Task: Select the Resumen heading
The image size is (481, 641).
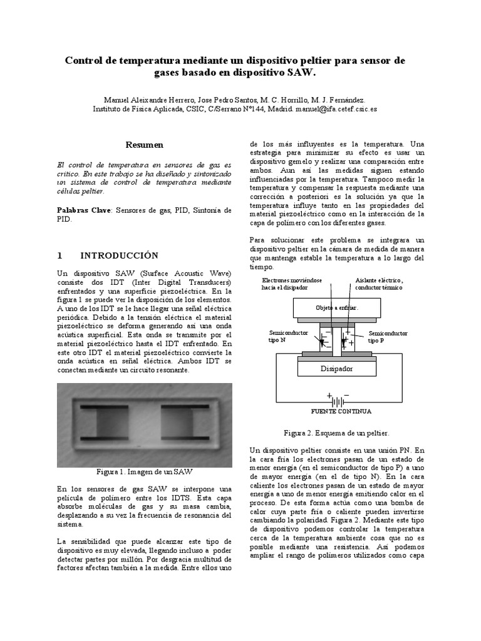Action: coord(144,145)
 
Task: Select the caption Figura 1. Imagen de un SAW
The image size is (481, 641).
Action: coord(144,471)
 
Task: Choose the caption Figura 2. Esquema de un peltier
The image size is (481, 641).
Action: coord(336,433)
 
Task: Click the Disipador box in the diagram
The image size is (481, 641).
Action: coord(337,369)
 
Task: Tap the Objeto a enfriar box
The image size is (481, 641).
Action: coord(337,308)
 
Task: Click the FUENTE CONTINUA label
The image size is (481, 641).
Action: coord(341,411)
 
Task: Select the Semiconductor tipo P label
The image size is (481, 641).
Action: coord(388,337)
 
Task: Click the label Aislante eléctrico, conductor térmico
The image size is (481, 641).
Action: coord(380,284)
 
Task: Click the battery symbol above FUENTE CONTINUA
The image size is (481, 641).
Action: coord(338,399)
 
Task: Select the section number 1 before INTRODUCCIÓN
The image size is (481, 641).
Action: coord(59,255)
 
